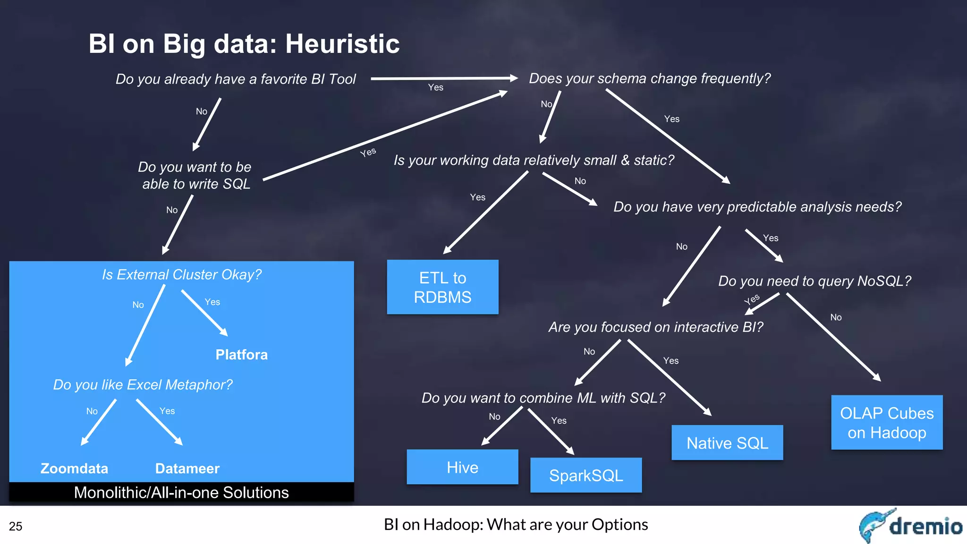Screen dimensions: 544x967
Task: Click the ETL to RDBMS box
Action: point(442,287)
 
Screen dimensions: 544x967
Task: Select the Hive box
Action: point(462,467)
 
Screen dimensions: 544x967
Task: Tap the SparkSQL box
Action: point(586,475)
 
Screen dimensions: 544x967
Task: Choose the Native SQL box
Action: point(727,443)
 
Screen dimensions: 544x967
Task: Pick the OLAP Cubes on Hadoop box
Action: point(887,423)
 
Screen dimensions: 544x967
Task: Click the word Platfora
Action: point(241,355)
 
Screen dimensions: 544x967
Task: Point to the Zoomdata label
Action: point(74,468)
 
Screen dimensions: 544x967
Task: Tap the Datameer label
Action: point(187,468)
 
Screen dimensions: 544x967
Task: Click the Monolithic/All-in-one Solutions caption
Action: point(181,493)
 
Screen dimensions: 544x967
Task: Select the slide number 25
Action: point(16,527)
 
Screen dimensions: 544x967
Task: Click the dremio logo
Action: point(910,526)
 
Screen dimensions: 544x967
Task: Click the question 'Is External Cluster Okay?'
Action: point(182,274)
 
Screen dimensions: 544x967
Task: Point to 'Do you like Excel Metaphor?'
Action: point(143,384)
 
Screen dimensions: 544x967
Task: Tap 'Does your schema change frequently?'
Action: point(649,78)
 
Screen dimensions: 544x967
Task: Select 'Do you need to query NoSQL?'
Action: point(814,281)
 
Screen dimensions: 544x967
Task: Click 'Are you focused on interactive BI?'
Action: point(655,327)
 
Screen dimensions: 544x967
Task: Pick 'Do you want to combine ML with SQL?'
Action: point(543,398)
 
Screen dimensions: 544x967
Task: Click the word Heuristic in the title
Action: point(342,44)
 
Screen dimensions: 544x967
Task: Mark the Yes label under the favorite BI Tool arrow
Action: point(435,87)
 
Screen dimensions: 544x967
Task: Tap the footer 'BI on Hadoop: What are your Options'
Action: point(516,525)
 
